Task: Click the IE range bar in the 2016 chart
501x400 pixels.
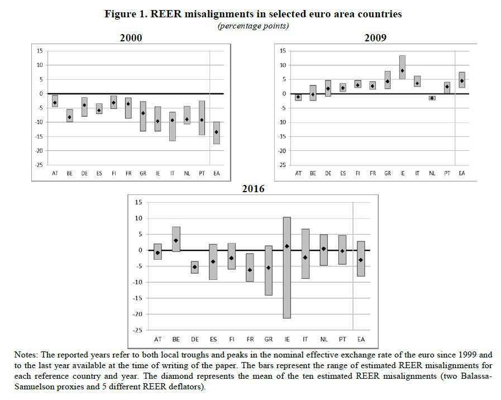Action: point(287,268)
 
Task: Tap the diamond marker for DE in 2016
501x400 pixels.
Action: point(194,267)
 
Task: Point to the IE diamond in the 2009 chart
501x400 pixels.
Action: point(402,70)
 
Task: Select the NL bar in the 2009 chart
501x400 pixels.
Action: point(432,98)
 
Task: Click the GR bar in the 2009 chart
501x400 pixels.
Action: point(388,80)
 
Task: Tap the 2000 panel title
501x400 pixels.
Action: point(131,38)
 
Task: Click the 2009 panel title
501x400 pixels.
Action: point(375,38)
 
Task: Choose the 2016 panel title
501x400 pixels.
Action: point(253,189)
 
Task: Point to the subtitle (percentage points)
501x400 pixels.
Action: point(253,26)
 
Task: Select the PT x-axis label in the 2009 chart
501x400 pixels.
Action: point(447,173)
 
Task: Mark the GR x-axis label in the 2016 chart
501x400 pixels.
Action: point(269,339)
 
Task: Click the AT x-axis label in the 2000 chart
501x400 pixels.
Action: point(55,173)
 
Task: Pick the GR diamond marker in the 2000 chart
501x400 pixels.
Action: point(143,113)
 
